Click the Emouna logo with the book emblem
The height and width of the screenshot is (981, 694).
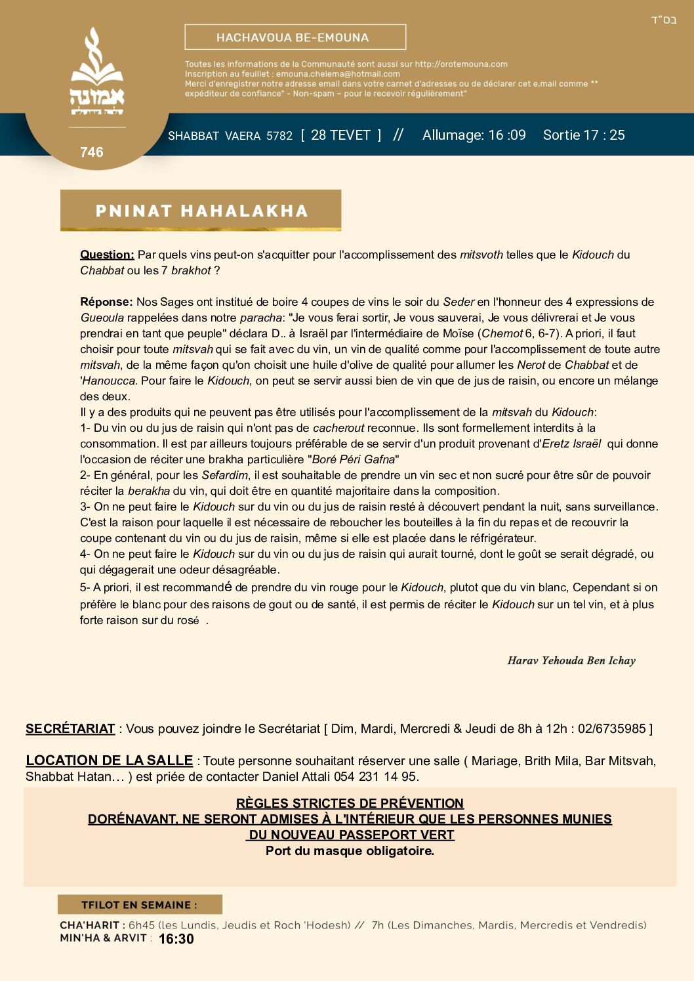click(x=97, y=72)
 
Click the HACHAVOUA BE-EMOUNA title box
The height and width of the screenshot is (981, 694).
click(x=295, y=37)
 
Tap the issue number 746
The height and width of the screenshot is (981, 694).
click(x=92, y=152)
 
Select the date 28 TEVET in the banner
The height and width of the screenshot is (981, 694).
click(x=340, y=135)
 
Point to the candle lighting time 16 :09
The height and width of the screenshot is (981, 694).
click(x=507, y=135)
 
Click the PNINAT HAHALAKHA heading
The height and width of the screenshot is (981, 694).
click(x=201, y=211)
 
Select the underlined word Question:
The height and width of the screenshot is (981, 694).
click(x=107, y=255)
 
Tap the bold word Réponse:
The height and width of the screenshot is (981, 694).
click(x=106, y=302)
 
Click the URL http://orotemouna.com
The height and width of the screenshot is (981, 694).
click(x=461, y=64)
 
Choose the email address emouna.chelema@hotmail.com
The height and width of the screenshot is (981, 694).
click(x=338, y=74)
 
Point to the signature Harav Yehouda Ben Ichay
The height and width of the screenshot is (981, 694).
click(x=571, y=661)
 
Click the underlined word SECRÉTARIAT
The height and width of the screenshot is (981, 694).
click(x=70, y=728)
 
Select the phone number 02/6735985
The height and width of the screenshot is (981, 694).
click(x=612, y=728)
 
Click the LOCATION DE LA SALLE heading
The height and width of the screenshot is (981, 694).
click(x=109, y=761)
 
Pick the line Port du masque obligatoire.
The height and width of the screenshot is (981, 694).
click(x=350, y=851)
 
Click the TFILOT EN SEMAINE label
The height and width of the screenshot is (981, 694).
click(x=139, y=905)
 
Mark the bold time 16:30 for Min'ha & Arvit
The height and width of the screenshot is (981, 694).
click(x=176, y=939)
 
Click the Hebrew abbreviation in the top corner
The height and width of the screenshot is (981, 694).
click(x=663, y=20)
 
